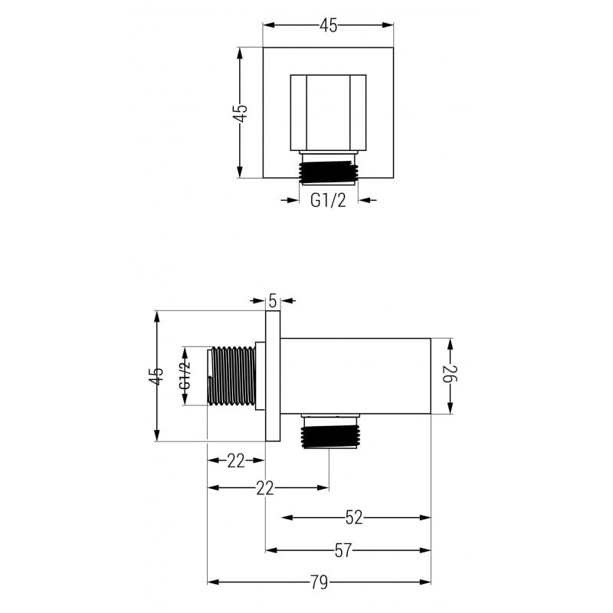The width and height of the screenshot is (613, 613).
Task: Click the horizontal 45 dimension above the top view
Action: (328, 25)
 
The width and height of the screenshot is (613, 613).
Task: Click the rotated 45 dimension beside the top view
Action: (241, 113)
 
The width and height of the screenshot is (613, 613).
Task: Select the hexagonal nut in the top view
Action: (328, 113)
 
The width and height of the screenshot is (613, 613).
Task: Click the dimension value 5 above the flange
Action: (273, 300)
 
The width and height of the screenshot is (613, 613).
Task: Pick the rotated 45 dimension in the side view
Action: (156, 375)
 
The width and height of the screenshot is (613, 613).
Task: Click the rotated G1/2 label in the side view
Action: (185, 376)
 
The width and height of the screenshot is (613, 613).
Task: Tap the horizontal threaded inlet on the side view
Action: (233, 376)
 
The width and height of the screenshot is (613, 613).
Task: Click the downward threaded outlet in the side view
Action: (329, 432)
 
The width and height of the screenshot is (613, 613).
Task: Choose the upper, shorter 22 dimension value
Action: (235, 461)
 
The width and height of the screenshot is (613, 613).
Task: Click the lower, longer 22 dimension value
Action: (265, 488)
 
